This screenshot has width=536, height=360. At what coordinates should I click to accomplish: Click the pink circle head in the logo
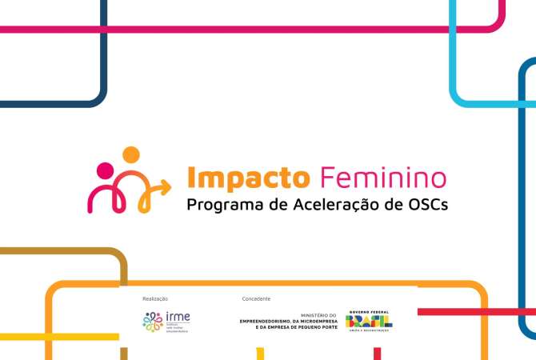coord(104,170)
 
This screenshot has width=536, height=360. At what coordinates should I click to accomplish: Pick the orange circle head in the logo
coord(130,155)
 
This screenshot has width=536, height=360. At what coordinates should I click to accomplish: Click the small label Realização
coord(155,298)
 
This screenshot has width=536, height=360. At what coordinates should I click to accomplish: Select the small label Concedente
coord(256,298)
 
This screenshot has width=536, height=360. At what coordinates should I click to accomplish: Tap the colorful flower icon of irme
coord(152,322)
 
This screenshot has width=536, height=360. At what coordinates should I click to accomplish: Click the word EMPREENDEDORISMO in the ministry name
coord(269,322)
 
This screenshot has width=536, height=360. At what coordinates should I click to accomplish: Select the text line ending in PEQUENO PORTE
coord(297,328)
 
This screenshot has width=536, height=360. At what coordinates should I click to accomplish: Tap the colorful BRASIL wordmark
coord(369,321)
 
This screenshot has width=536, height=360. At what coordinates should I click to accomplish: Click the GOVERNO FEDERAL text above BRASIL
coord(369,312)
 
